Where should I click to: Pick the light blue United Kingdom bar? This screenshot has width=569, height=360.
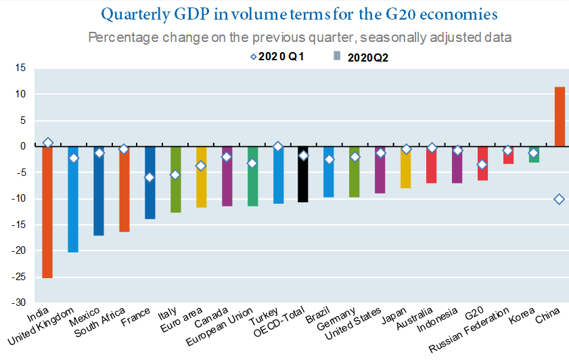pyautogui.click(x=73, y=199)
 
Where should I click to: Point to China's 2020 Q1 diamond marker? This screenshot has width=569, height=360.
pyautogui.click(x=560, y=199)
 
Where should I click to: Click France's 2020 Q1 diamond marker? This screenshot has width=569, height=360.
pyautogui.click(x=150, y=177)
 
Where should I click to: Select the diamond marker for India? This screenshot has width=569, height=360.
pyautogui.click(x=47, y=143)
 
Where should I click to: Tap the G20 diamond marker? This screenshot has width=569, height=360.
pyautogui.click(x=482, y=164)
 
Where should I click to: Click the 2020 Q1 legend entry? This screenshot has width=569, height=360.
pyautogui.click(x=277, y=57)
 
